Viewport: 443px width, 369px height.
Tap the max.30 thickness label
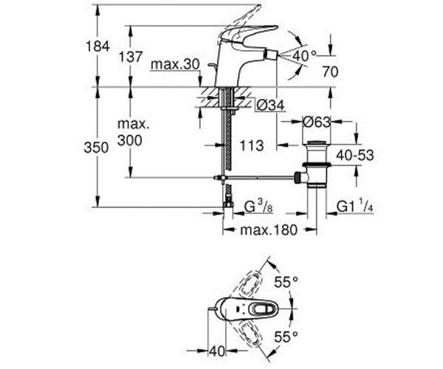tap(175, 66)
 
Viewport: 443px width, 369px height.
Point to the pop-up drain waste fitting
tap(316, 162)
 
